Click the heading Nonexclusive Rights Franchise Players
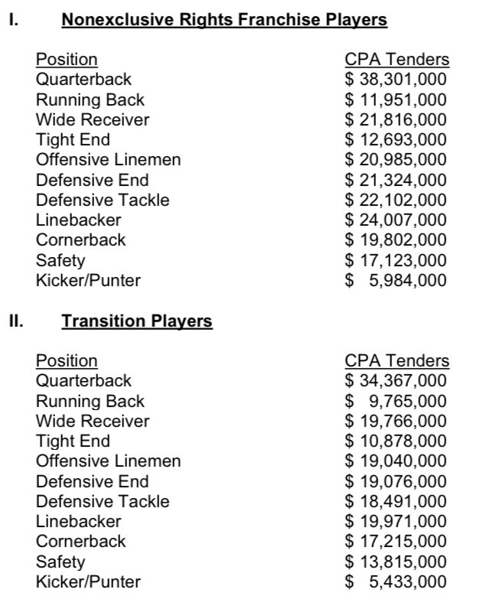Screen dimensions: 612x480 [224, 20]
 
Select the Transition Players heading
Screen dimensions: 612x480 [137, 321]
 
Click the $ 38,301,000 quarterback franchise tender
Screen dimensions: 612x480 [396, 80]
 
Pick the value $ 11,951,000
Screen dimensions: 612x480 [396, 99]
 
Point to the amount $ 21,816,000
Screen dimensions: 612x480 [396, 119]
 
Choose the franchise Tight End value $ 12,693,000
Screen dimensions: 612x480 [396, 140]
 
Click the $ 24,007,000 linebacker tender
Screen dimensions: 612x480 [396, 220]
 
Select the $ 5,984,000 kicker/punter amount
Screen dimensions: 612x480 [396, 281]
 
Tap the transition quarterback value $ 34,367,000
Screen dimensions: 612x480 [396, 381]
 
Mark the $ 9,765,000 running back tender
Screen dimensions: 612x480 [396, 401]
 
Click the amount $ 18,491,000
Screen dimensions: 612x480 [396, 502]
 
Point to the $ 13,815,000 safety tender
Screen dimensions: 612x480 [396, 562]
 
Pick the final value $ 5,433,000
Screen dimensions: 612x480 [396, 582]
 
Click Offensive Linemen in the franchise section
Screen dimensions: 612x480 [108, 160]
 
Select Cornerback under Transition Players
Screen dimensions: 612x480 [80, 542]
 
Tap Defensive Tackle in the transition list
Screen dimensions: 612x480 [103, 502]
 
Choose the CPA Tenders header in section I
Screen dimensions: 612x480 [397, 60]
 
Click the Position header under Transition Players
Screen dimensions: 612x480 [67, 361]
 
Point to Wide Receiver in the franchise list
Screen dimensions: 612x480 [93, 119]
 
